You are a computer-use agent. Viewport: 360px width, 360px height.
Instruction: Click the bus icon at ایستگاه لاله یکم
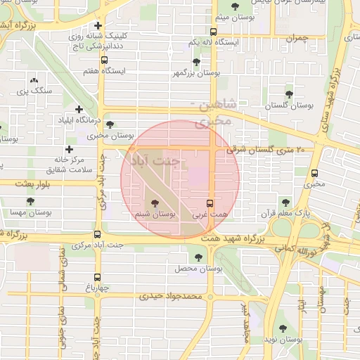coord(213,32)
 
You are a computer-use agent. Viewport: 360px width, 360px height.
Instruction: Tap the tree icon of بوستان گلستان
coord(289,94)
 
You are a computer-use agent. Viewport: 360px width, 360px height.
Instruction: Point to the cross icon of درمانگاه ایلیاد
coord(79,109)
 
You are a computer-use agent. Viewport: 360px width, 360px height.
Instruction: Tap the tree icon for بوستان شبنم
coord(155,202)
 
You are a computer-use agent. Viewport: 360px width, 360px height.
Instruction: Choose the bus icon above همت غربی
coord(210,202)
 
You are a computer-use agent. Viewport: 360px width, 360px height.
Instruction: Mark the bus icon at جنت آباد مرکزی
coord(97,235)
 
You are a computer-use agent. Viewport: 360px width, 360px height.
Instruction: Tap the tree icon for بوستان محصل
coord(198,258)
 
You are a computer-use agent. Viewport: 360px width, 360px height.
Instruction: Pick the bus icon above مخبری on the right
coord(314,172)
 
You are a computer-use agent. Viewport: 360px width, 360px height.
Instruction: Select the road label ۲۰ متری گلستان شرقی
coord(266,150)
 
